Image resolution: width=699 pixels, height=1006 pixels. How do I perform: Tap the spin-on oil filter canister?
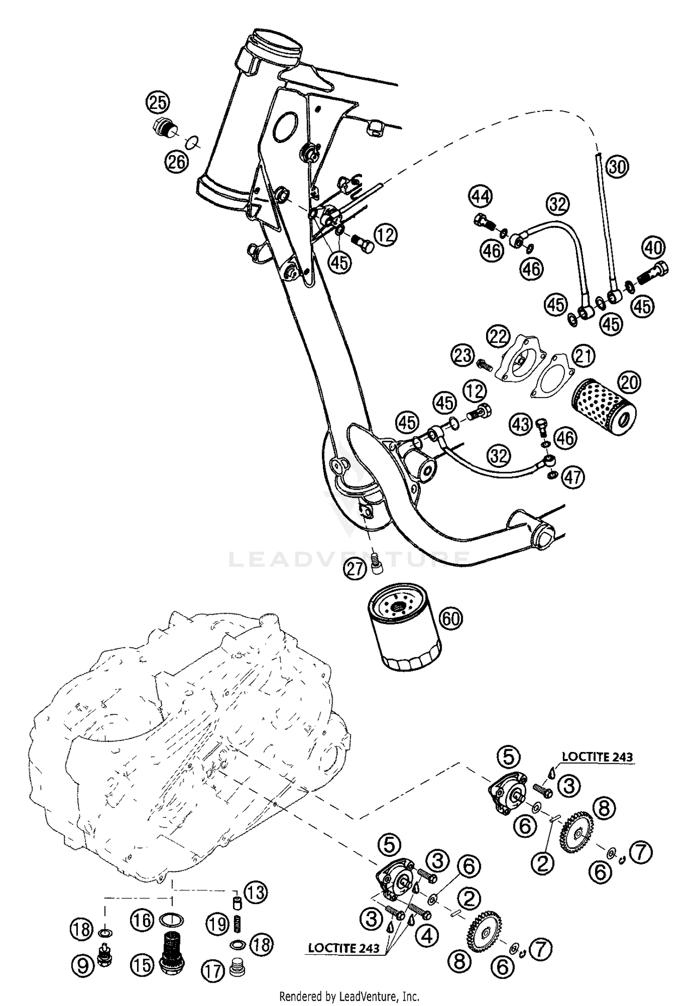coord(404,635)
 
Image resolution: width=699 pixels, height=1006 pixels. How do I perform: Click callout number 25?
coord(158,102)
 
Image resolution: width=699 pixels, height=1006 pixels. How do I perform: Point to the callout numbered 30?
coord(617,166)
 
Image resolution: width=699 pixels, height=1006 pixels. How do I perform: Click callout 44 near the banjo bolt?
coord(480,196)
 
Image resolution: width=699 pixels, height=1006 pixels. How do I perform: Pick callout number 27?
coord(355,569)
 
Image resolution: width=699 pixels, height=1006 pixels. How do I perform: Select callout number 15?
coord(142,965)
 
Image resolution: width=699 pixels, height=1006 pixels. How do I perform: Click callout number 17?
coord(212,972)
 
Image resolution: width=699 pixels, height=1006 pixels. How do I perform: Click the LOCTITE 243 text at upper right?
coord(597,757)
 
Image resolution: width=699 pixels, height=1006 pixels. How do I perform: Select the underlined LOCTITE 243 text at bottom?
coord(343,948)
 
